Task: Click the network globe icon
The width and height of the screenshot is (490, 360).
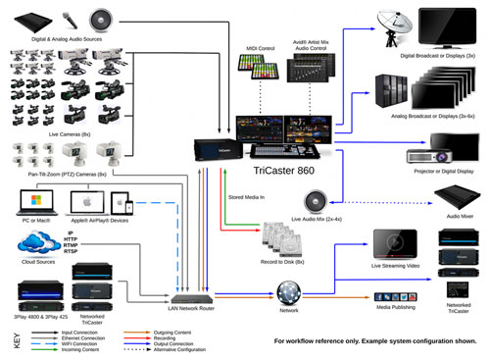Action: pyautogui.click(x=288, y=292)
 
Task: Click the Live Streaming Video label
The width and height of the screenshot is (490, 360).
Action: pyautogui.click(x=396, y=265)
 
